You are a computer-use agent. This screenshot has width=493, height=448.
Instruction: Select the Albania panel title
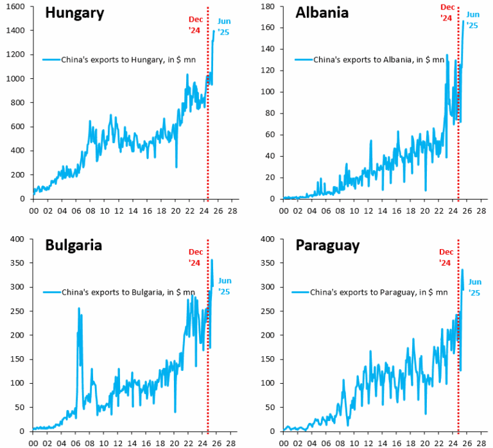[x=322, y=12]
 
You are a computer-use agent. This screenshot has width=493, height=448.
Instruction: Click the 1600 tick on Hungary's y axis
[x=16, y=6]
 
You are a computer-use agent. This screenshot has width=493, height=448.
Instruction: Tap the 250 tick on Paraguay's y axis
[x=268, y=311]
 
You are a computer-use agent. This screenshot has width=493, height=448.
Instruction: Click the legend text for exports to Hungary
[x=128, y=60]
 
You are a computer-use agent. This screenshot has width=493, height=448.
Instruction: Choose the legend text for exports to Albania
[x=379, y=60]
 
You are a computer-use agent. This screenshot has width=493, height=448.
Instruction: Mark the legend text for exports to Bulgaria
[x=128, y=292]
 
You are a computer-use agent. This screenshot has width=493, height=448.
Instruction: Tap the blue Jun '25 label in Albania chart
[x=472, y=20]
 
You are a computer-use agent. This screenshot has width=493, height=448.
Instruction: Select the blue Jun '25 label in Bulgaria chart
[x=225, y=286]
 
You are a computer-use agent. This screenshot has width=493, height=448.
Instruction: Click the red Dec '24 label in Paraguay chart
[x=446, y=257]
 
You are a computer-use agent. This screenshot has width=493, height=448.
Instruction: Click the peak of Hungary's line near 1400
[x=214, y=31]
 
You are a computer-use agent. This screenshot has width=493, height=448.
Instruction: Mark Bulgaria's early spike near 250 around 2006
[x=79, y=309]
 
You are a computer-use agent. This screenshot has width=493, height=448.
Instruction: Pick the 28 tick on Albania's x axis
[x=483, y=210]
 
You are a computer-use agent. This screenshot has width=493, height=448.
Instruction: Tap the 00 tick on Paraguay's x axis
[x=284, y=442]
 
